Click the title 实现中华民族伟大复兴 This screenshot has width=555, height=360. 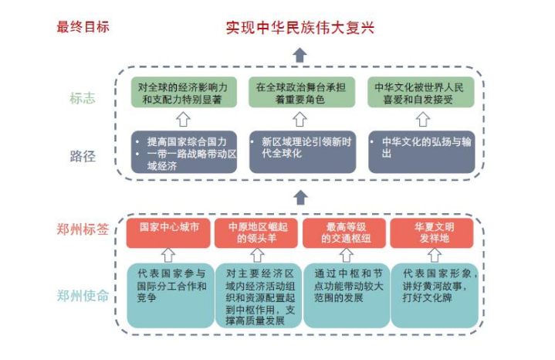click(299, 28)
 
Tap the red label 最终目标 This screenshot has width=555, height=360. click(83, 27)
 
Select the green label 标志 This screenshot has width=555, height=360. click(83, 100)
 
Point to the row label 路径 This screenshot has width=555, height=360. click(83, 156)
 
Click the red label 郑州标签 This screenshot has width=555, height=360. click(83, 229)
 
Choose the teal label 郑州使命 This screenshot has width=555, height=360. click(83, 295)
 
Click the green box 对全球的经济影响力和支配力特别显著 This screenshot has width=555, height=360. click(182, 93)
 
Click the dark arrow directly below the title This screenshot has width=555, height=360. click(299, 55)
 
